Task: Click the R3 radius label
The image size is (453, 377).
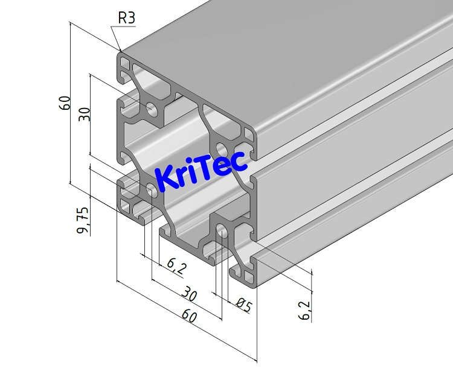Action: pos(126,18)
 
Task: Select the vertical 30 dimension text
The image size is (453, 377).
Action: pos(85,114)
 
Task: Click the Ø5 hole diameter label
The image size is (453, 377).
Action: pos(243,306)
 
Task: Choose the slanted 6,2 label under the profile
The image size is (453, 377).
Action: pos(176,265)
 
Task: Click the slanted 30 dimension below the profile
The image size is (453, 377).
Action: pos(190,294)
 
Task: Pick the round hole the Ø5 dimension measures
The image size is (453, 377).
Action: pos(222,231)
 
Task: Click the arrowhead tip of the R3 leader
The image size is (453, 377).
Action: pos(121,51)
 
